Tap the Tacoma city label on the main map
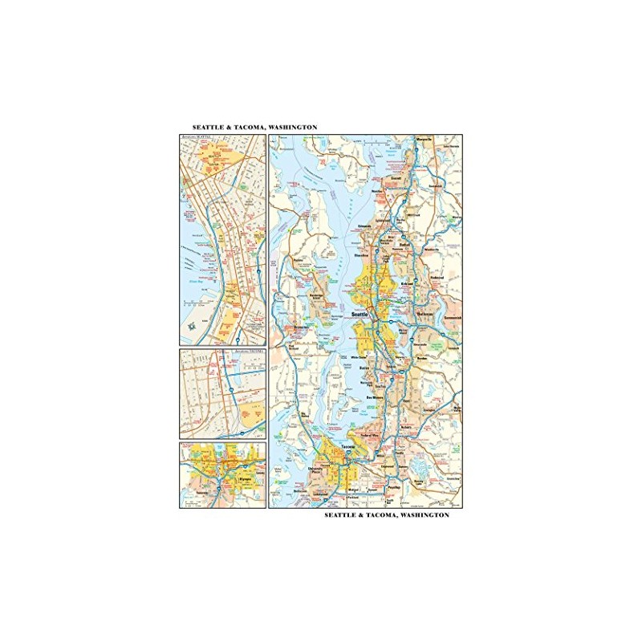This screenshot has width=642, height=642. coord(347,448)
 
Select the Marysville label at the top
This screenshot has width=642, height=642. coord(424,140)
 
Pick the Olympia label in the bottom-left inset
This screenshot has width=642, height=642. coord(226,474)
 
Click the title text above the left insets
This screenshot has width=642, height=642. coord(254,128)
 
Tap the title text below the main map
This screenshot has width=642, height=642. coord(387,515)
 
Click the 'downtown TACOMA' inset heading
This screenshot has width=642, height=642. coord(249,351)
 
